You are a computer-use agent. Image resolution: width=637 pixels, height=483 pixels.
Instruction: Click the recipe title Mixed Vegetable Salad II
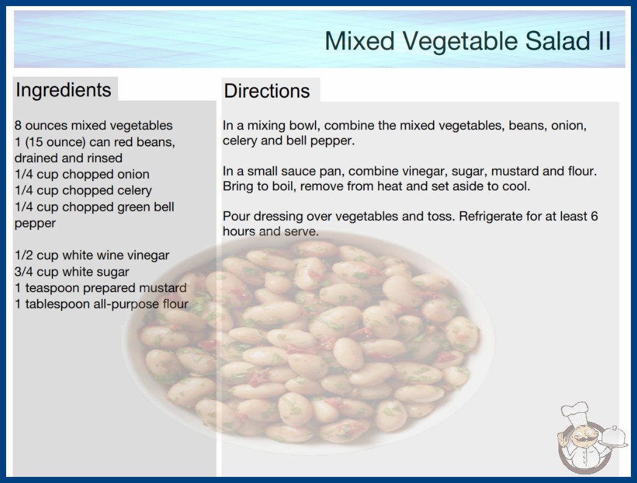(468, 41)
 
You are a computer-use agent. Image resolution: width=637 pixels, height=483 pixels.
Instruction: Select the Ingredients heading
(63, 90)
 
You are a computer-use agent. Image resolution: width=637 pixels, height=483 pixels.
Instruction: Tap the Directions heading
(267, 91)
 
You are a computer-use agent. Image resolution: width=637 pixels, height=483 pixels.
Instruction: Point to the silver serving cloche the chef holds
(613, 437)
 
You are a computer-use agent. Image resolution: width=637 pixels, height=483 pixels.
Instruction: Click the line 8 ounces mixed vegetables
(93, 126)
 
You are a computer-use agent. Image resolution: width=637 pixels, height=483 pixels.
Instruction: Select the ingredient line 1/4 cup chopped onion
(82, 174)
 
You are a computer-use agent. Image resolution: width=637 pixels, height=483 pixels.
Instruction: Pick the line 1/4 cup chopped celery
(83, 190)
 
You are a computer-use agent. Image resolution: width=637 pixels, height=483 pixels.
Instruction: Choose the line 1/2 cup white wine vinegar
(92, 255)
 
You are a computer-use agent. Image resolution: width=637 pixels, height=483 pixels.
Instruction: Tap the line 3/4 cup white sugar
(72, 271)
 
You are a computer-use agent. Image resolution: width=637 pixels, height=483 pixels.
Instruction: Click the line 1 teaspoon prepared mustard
(100, 288)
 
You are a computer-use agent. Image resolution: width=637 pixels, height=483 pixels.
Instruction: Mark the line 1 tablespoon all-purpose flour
(102, 304)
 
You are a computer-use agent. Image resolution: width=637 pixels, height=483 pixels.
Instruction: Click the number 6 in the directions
(594, 216)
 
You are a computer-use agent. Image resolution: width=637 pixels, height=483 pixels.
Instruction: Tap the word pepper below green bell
(35, 224)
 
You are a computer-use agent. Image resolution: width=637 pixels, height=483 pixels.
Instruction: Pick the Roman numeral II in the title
(605, 41)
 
